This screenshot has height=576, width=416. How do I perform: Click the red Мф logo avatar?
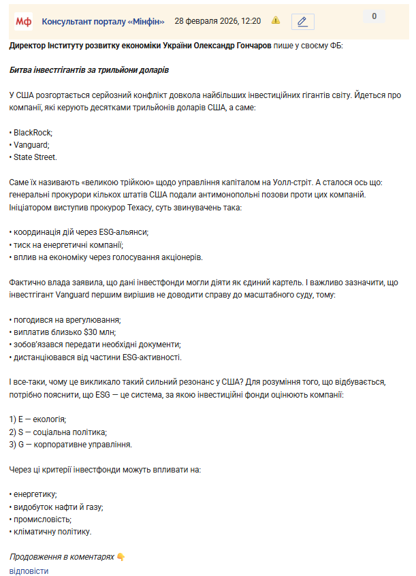click(x=24, y=21)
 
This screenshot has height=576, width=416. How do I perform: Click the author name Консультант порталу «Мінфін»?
click(x=103, y=21)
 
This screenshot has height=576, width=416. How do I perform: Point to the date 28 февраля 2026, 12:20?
click(x=217, y=21)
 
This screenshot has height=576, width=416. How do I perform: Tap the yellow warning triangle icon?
click(x=276, y=20)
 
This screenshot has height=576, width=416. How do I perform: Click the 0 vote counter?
click(x=374, y=16)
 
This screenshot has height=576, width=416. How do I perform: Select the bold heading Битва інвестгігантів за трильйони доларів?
click(x=89, y=70)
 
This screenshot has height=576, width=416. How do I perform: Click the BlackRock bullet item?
click(x=33, y=132)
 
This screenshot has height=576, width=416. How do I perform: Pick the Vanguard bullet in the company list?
click(x=31, y=144)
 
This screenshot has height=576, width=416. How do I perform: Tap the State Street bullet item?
click(x=35, y=157)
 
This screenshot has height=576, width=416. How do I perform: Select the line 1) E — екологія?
click(x=38, y=419)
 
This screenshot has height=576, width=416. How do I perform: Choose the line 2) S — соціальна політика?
click(x=58, y=432)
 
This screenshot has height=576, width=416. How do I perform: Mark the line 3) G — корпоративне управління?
click(x=70, y=444)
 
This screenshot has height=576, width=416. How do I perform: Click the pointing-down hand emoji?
click(x=121, y=557)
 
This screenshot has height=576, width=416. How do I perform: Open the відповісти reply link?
click(x=29, y=571)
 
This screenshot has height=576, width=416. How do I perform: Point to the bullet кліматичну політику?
click(x=52, y=531)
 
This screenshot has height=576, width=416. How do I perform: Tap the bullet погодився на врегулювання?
click(x=67, y=319)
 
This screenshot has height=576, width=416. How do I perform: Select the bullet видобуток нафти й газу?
click(x=58, y=507)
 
